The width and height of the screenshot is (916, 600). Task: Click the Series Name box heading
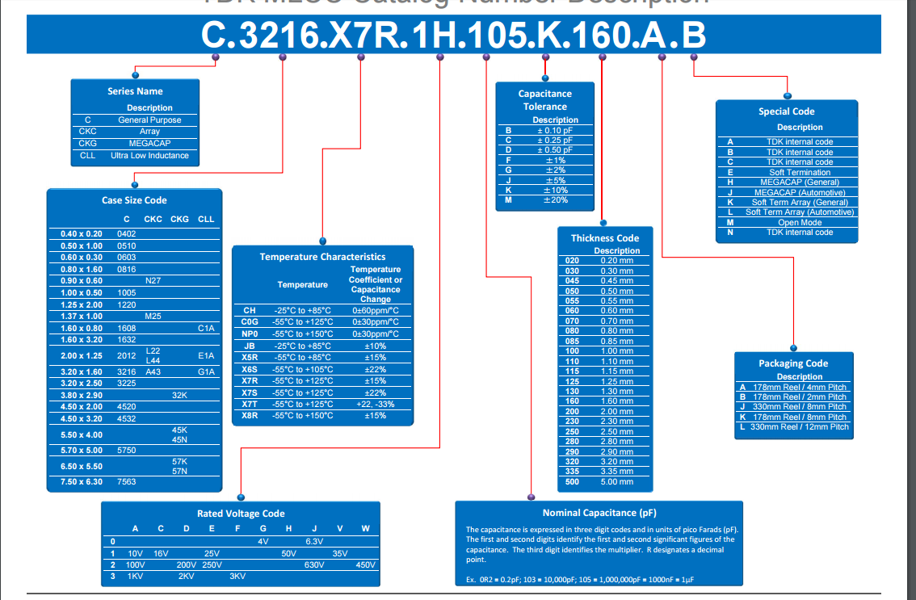(135, 91)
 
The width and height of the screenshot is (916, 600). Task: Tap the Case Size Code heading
(134, 200)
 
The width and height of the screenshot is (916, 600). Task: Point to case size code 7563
(127, 481)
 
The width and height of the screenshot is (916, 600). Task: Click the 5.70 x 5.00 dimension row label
(82, 450)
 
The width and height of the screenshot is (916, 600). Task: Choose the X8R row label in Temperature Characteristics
(250, 415)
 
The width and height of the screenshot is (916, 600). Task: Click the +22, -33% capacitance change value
(375, 404)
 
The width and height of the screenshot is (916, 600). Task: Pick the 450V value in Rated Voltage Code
(366, 564)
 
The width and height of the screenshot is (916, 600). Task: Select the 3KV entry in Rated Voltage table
(237, 576)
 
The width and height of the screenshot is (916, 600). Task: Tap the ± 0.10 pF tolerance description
(555, 130)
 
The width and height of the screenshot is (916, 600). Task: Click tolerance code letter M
(509, 199)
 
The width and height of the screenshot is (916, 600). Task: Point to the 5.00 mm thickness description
(616, 481)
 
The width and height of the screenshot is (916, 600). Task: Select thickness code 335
(572, 471)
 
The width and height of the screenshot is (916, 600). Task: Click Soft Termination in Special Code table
(800, 172)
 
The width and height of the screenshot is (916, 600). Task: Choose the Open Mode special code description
(800, 222)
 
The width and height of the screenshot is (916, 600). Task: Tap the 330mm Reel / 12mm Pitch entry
(800, 426)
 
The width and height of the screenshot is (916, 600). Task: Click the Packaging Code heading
(793, 363)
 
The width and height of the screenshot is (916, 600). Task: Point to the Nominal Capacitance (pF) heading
(599, 513)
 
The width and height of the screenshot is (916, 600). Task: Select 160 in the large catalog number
(602, 36)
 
